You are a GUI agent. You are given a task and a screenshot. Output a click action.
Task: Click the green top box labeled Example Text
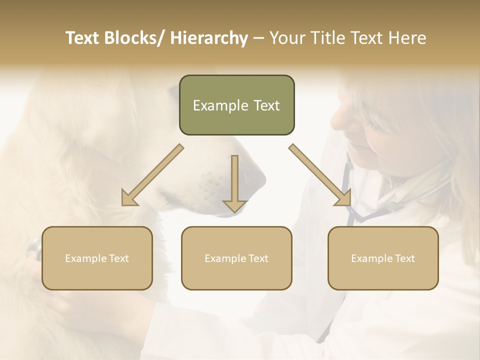(236, 105)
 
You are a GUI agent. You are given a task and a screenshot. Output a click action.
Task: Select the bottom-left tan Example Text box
(97, 258)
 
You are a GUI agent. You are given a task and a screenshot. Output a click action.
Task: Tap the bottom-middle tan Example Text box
(236, 258)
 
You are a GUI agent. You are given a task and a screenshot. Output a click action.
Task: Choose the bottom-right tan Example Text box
(383, 258)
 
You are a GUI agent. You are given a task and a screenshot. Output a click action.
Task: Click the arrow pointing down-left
(152, 175)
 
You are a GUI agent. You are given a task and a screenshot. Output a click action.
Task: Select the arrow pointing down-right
(320, 175)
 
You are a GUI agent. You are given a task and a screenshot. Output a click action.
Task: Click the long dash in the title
(258, 38)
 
